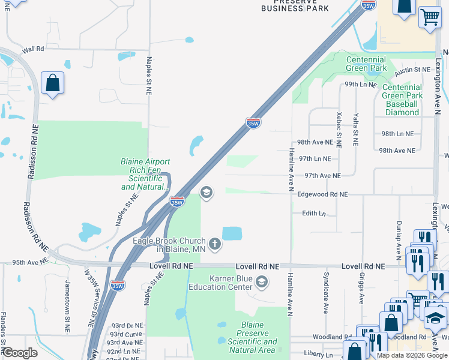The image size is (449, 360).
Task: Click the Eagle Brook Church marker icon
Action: [214, 244]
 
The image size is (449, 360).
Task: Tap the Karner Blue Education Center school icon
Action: [262, 281]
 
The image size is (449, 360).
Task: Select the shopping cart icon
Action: [430, 18]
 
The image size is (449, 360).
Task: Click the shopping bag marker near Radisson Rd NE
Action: [53, 83]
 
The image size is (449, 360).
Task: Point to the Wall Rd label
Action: [33, 49]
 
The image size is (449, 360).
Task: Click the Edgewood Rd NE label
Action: [322, 194]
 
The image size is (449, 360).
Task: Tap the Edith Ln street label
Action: [313, 213]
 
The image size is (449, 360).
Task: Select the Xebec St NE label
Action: [339, 130]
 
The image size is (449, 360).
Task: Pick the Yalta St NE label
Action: [356, 130]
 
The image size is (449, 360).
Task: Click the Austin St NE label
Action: [412, 70]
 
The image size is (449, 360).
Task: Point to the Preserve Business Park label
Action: [295, 6]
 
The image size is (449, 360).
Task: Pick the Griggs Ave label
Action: [362, 291]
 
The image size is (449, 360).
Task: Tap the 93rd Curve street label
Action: [125, 334]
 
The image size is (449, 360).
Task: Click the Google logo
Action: [20, 353]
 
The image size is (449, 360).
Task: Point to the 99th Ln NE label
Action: [360, 85]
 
